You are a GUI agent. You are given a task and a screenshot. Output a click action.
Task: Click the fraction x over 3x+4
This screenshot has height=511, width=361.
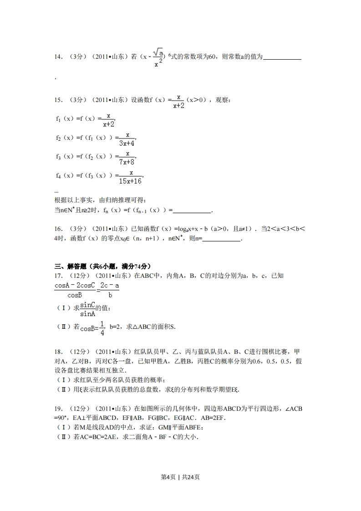click(128, 139)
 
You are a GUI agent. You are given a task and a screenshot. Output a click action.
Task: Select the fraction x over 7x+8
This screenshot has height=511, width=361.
click(128, 158)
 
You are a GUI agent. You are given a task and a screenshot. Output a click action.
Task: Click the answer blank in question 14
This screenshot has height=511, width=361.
click(282, 57)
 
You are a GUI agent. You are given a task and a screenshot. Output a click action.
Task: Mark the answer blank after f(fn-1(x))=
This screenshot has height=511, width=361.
click(193, 210)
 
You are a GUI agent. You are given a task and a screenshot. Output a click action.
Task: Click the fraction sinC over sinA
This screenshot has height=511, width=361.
click(87, 309)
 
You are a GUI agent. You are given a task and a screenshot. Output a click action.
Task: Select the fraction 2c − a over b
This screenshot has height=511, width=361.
click(110, 290)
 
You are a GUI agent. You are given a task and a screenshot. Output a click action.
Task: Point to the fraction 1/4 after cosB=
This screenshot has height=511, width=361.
click(102, 328)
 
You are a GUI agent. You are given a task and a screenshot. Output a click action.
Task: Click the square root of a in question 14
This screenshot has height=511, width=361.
click(158, 53)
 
